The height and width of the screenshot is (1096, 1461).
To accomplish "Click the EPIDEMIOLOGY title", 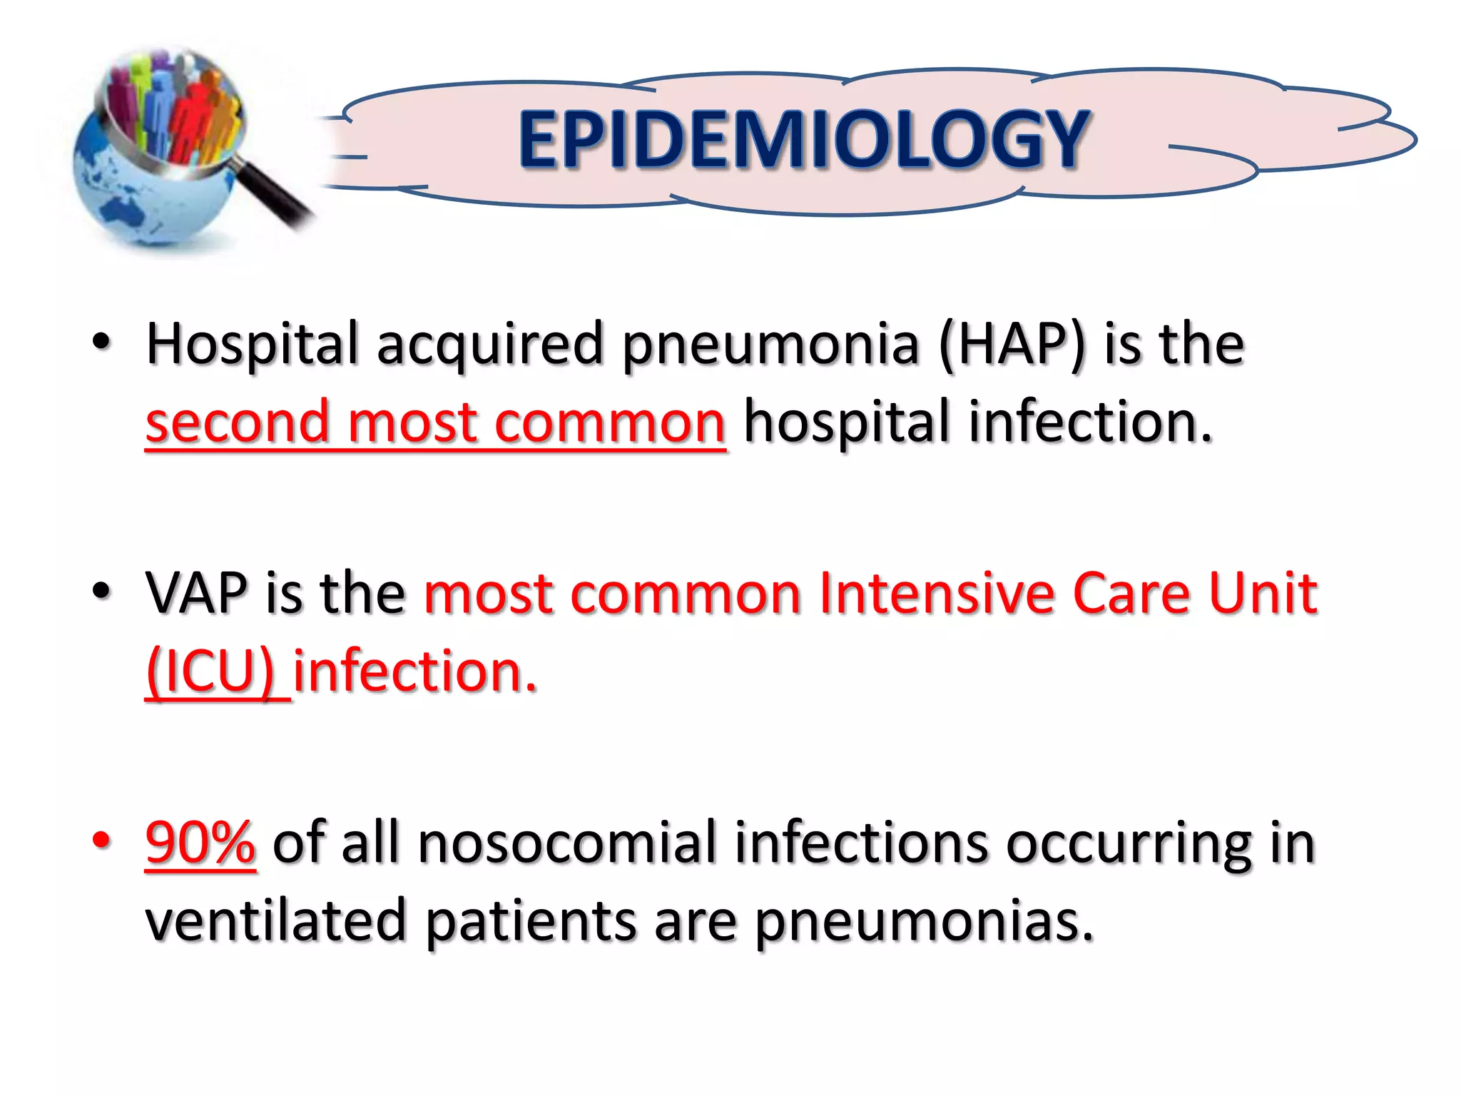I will (x=803, y=141).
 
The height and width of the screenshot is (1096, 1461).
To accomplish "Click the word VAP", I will (x=196, y=594).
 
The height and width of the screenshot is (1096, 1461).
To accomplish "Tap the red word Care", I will (x=1131, y=594).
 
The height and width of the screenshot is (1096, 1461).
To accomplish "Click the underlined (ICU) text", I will (x=210, y=672).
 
